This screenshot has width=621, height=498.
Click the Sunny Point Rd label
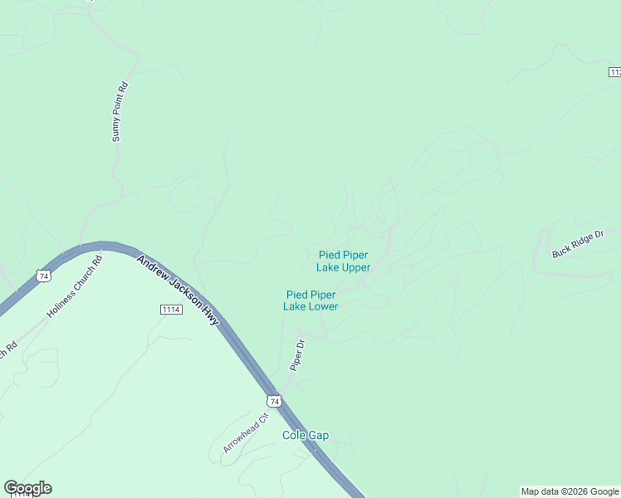[121, 111]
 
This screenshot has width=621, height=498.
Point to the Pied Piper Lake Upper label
[343, 261]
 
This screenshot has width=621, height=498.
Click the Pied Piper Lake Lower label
[310, 300]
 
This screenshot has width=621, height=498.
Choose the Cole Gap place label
[306, 436]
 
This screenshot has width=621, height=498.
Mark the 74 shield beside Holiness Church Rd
[44, 275]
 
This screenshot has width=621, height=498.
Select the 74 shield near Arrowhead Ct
[275, 401]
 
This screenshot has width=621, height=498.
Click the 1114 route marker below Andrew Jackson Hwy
[171, 309]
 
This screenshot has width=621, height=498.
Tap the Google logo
[27, 488]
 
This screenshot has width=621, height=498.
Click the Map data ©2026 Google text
[570, 491]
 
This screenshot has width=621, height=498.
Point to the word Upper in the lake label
[355, 268]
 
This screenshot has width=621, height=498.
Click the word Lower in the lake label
[323, 307]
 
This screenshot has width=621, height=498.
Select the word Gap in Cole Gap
[319, 436]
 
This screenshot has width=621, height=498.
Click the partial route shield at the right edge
[614, 73]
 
